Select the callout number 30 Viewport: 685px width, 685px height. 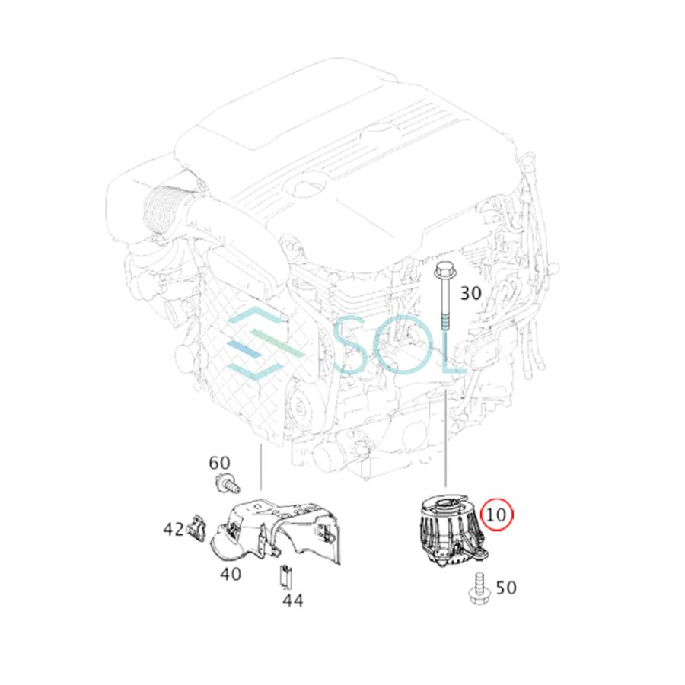coord(471,292)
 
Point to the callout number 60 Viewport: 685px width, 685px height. coord(219,462)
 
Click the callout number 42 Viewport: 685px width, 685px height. coord(172,527)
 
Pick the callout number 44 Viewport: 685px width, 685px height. coord(292,600)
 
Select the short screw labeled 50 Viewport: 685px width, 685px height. coord(480,587)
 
